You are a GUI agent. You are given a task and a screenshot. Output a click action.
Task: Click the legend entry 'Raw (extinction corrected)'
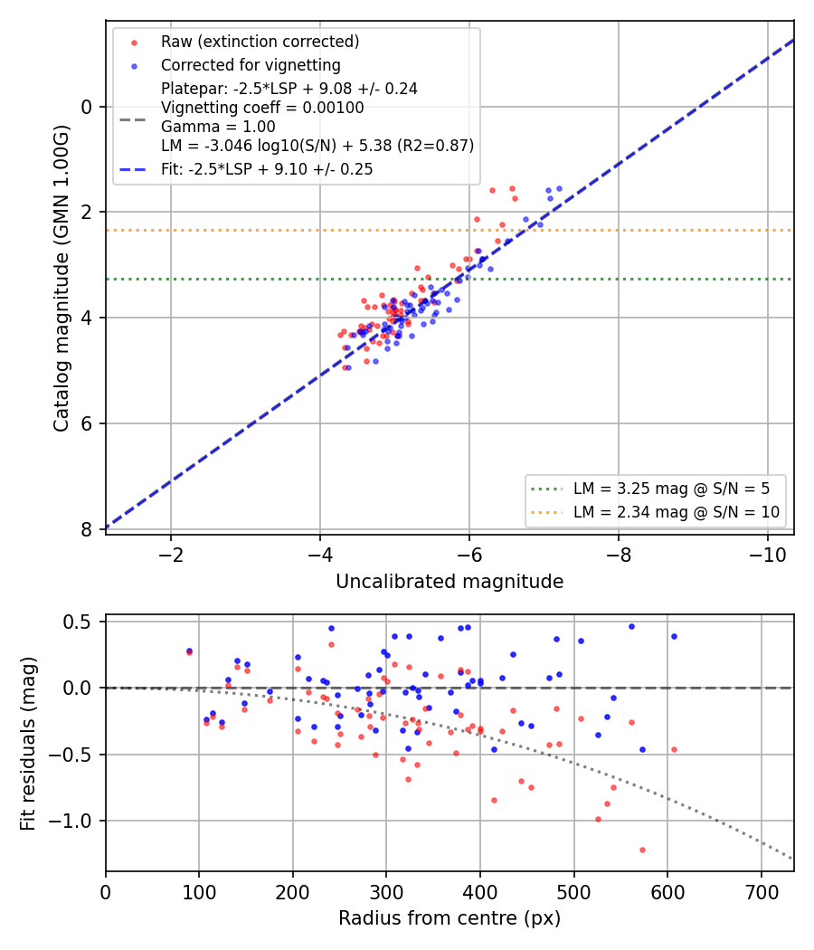(x=260, y=42)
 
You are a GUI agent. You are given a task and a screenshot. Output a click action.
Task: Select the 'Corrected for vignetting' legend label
(x=251, y=65)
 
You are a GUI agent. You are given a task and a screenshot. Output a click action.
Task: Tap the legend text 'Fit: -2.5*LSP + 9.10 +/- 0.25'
(x=267, y=169)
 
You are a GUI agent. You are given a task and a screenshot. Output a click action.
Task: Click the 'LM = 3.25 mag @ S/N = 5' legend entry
(x=672, y=489)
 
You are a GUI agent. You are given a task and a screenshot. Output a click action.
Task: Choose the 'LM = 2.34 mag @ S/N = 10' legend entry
(x=677, y=512)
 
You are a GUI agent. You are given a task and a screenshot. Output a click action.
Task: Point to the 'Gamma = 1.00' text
(x=218, y=127)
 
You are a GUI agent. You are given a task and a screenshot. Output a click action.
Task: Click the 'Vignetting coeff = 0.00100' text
(x=262, y=108)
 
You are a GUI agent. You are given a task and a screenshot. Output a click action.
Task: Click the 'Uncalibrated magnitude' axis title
(x=450, y=582)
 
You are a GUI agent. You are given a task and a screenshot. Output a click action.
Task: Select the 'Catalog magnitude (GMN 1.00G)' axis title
(x=61, y=278)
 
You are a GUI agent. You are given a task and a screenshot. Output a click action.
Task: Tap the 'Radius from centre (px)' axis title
(x=450, y=918)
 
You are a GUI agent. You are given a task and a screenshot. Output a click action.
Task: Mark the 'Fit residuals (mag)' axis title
(x=28, y=744)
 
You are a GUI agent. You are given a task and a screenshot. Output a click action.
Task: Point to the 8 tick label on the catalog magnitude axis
(x=87, y=529)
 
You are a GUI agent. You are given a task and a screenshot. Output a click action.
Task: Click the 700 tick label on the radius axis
(x=761, y=892)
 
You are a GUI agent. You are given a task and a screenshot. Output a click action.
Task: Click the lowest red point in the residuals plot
(x=642, y=850)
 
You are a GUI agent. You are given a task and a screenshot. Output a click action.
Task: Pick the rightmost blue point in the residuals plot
(x=674, y=637)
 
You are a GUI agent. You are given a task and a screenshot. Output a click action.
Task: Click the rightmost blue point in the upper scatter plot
(x=559, y=189)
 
